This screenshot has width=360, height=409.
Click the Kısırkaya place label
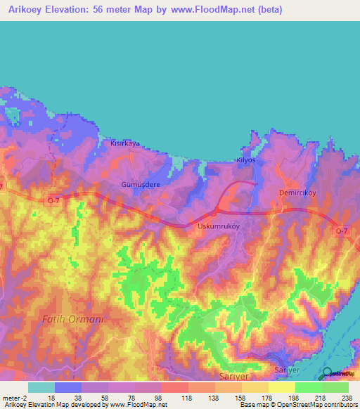coord(125,143)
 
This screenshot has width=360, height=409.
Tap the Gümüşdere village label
coord(141,184)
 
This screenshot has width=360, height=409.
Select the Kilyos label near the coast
coord(244,161)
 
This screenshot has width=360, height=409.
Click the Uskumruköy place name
coord(219,226)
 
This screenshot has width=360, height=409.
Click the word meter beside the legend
coord(10,397)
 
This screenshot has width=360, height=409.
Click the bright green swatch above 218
coord(309,387)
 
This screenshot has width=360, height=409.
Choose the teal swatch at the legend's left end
coord(41,387)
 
